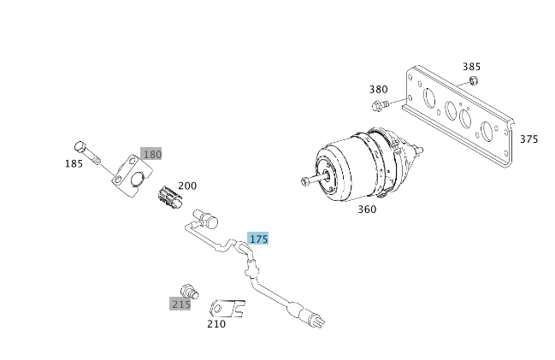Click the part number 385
471,66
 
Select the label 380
379,89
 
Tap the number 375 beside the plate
528,139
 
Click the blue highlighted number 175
258,239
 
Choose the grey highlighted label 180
151,154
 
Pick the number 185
74,162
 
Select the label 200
187,185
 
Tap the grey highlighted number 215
180,304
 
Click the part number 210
216,324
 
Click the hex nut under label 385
474,81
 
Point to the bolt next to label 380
381,105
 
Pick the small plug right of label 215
192,288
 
